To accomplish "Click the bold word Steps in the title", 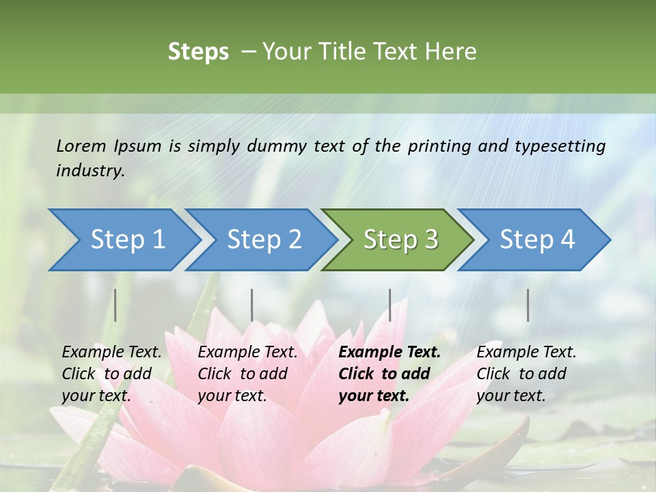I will tap(198, 52).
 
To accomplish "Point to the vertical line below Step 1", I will tap(115, 305).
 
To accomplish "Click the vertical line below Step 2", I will tap(252, 305).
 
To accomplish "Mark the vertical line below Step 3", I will tap(390, 305).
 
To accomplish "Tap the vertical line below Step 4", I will tap(528, 305).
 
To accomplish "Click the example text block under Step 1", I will tap(111, 374).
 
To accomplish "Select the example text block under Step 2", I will tap(247, 374).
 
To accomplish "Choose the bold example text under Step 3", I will tap(389, 374).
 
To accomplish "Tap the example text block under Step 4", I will tap(526, 374).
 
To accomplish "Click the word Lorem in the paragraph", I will tap(81, 146).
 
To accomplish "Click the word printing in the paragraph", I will tap(437, 146).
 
